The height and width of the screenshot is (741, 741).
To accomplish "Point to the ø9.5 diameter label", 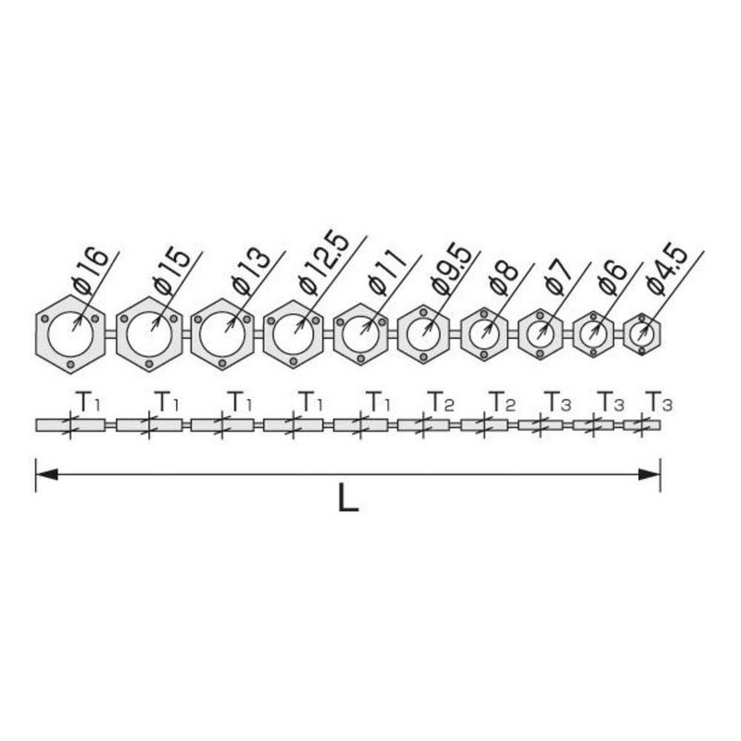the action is tap(452, 269).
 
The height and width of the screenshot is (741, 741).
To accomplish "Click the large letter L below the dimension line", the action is tap(348, 497).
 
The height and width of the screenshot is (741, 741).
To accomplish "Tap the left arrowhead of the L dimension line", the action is tap(46, 474).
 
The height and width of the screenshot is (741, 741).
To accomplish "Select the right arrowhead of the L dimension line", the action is tap(649, 474).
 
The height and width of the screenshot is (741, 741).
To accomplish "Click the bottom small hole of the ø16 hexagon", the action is tap(71, 364).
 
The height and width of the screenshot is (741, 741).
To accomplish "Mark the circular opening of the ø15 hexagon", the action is tap(149, 334).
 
